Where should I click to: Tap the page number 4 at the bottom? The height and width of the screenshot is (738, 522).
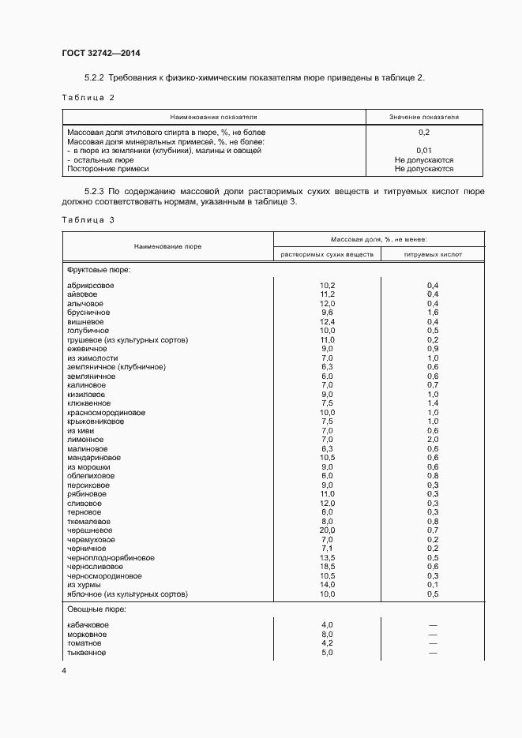pyautogui.click(x=64, y=670)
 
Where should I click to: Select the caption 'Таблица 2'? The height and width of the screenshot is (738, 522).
pyautogui.click(x=88, y=97)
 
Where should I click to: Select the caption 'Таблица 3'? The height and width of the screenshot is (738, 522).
pyautogui.click(x=88, y=219)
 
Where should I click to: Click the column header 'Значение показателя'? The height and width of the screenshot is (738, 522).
pyautogui.click(x=423, y=117)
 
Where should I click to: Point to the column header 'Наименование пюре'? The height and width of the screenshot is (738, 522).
pyautogui.click(x=167, y=246)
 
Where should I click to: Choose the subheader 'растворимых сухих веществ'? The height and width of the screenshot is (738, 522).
pyautogui.click(x=327, y=255)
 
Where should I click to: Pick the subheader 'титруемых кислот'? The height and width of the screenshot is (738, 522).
pyautogui.click(x=432, y=255)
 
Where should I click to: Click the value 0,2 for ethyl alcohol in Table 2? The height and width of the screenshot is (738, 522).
pyautogui.click(x=423, y=132)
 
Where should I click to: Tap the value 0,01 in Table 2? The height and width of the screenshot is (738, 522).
pyautogui.click(x=423, y=150)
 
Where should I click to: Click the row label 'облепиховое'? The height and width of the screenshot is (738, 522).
pyautogui.click(x=91, y=476)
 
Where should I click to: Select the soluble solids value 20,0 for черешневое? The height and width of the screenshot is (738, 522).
pyautogui.click(x=327, y=530)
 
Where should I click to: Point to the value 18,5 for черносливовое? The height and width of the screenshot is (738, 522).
pyautogui.click(x=327, y=567)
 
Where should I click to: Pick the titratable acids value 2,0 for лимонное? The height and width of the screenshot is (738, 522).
pyautogui.click(x=433, y=440)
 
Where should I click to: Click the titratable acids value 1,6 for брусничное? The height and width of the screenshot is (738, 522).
pyautogui.click(x=433, y=313)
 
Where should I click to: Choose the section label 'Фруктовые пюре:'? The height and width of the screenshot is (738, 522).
pyautogui.click(x=100, y=270)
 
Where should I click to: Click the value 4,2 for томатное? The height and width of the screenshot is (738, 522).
pyautogui.click(x=327, y=643)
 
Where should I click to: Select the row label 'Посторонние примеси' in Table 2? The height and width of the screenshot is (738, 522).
pyautogui.click(x=108, y=168)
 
